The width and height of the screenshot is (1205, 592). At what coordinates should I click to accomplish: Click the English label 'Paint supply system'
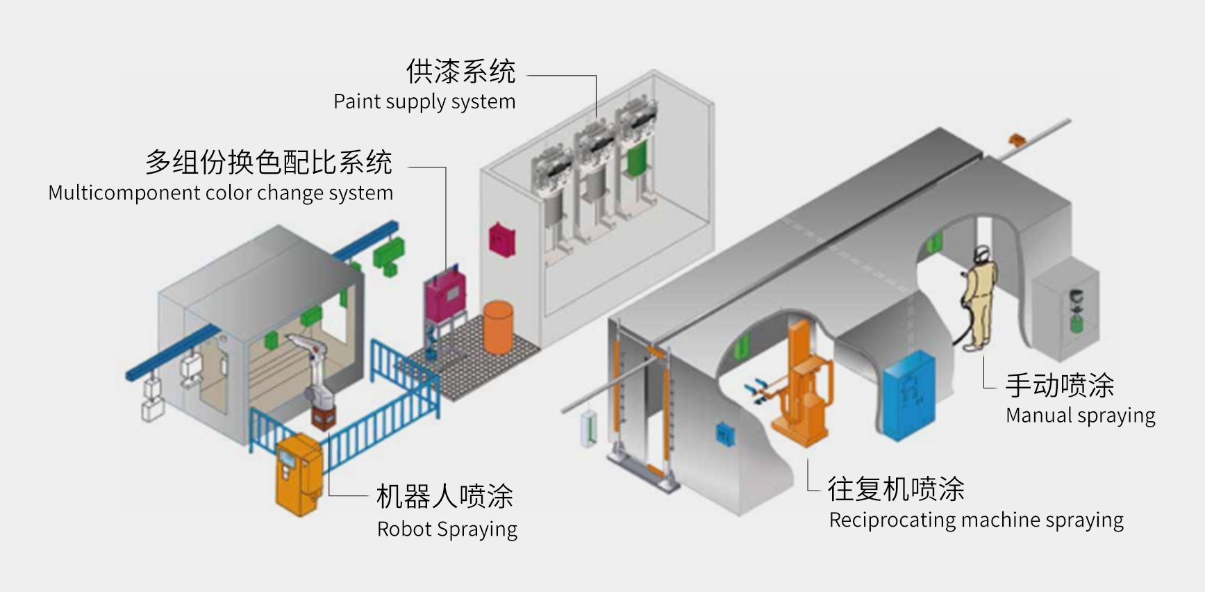[x=424, y=101]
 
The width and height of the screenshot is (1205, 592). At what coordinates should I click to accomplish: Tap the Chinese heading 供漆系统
[x=460, y=71]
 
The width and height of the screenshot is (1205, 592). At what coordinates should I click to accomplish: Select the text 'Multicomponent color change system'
[x=220, y=192]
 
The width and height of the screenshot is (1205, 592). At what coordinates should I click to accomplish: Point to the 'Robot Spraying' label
[x=447, y=529]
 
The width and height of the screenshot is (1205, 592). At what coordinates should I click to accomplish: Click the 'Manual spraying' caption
[x=1080, y=416]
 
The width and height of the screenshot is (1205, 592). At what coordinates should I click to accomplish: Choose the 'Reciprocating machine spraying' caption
[x=976, y=520]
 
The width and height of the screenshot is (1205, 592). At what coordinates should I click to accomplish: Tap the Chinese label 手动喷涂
[x=1059, y=385]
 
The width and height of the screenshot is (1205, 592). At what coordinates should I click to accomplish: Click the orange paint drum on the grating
[x=498, y=327]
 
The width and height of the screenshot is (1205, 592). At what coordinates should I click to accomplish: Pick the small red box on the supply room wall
[x=501, y=239]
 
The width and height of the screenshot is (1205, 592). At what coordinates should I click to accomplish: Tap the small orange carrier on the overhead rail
[x=1017, y=138]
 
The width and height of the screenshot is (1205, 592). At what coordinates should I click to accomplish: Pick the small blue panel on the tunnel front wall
[x=724, y=434]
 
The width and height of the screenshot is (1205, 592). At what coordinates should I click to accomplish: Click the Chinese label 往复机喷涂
[x=895, y=488]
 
